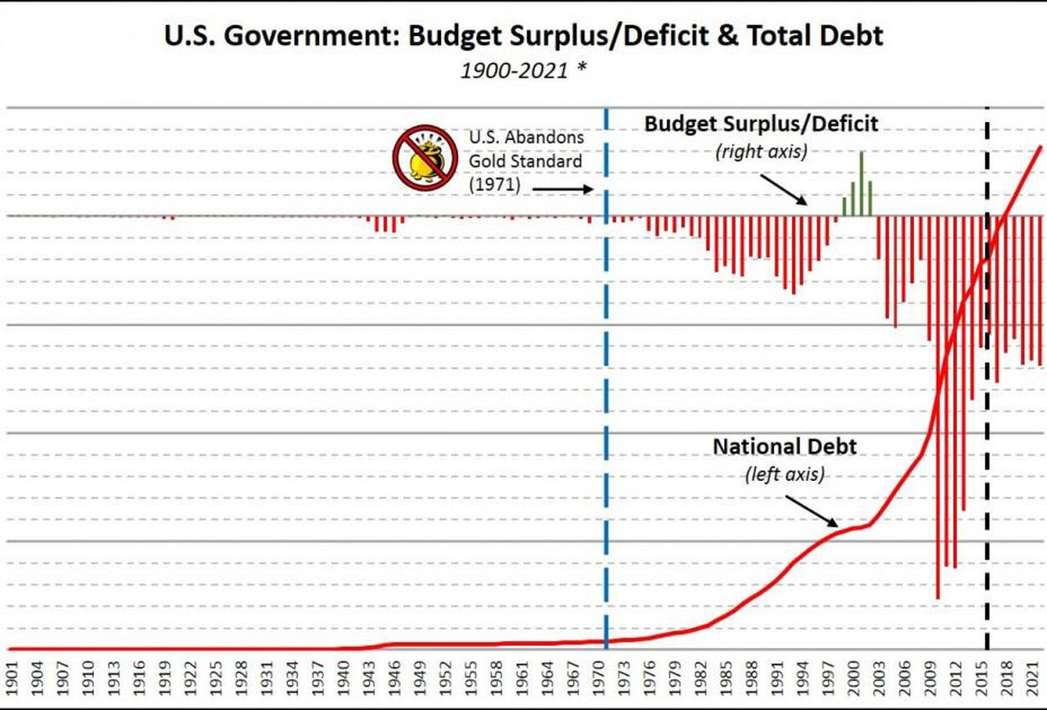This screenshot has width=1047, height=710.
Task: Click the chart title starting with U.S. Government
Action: click(523, 37)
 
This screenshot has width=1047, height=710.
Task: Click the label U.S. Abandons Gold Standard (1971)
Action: click(524, 161)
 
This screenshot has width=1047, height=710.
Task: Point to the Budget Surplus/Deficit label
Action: click(761, 124)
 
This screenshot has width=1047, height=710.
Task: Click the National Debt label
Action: click(784, 447)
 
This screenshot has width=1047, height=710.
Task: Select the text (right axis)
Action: click(761, 151)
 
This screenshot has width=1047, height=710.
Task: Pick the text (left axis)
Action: click(784, 474)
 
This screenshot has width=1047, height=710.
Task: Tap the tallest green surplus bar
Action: click(861, 184)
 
